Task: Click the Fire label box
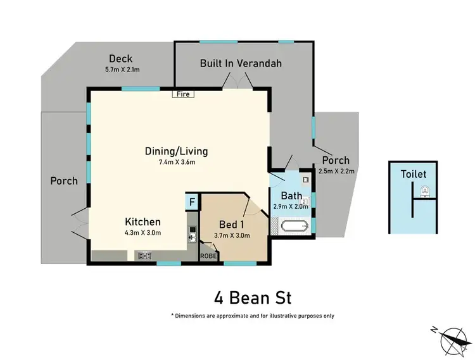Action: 184,94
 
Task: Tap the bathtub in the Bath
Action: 293,225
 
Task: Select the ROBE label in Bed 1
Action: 208,256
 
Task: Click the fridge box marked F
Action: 192,202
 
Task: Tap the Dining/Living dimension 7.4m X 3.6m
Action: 176,163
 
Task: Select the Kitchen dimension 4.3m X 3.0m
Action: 142,233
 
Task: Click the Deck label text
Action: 120,59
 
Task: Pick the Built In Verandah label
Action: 241,63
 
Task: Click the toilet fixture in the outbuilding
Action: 424,189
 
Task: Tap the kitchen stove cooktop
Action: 144,256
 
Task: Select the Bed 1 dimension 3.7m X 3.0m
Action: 232,235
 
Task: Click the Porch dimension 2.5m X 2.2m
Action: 336,170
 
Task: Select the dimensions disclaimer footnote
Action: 252,315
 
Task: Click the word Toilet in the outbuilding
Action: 413,174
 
